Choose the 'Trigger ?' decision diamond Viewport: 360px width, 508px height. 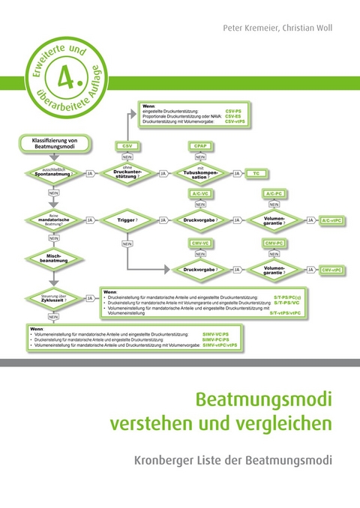click(126, 220)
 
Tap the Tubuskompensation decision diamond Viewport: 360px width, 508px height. click(200, 173)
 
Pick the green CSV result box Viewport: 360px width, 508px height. click(126, 145)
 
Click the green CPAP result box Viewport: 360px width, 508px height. click(199, 145)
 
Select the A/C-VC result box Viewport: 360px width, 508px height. click(199, 193)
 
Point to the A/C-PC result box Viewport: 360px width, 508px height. click(274, 193)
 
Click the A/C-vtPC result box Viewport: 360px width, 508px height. click(331, 221)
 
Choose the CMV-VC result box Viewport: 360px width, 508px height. click(199, 244)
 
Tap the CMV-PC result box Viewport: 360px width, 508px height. click(274, 244)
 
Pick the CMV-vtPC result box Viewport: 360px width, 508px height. click(331, 269)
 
